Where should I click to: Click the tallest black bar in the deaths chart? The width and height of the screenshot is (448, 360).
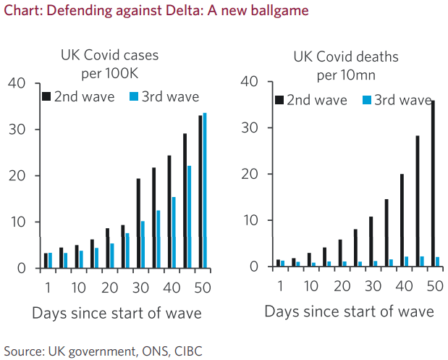point(432,184)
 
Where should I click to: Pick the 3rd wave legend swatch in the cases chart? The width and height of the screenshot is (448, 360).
point(134,96)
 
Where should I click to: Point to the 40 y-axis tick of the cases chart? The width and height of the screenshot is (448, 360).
point(17,83)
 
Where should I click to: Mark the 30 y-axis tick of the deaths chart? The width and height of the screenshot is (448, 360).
point(249,128)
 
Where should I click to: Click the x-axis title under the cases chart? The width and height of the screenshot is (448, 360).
point(117,313)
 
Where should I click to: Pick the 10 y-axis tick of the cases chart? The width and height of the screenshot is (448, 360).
point(17,222)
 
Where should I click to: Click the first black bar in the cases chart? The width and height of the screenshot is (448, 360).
point(46,261)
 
